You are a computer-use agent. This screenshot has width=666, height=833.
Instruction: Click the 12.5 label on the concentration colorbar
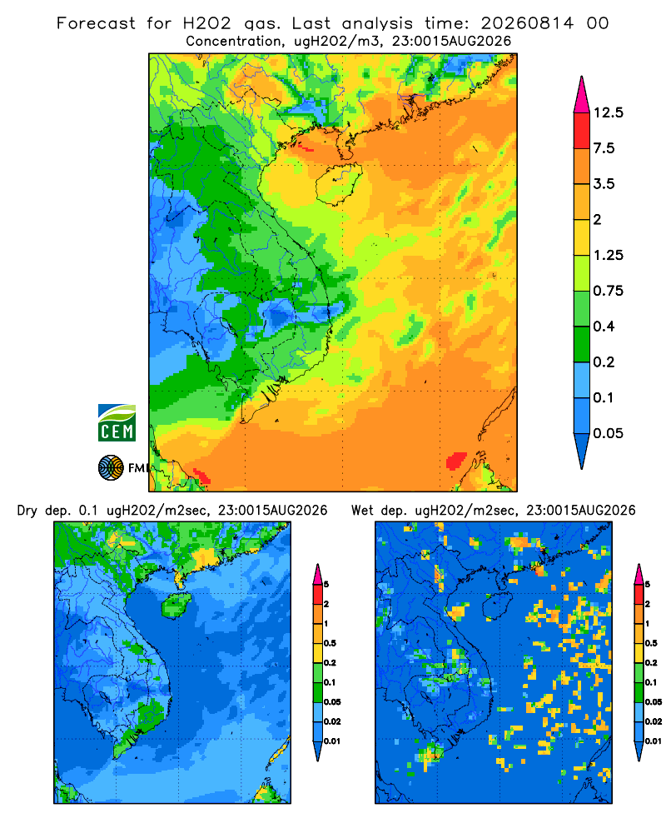pos(608,112)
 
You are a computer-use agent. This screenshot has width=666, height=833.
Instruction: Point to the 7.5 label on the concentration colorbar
pos(604,148)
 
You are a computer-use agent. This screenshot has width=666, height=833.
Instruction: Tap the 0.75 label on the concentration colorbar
pos(608,291)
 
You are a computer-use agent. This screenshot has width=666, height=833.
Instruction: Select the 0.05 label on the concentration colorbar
pos(608,433)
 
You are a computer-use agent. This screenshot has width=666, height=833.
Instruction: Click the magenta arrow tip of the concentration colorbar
pos(582,93)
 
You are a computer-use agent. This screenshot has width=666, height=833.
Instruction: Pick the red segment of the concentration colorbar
pos(582,131)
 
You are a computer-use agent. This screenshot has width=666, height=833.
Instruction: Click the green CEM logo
pos(117,423)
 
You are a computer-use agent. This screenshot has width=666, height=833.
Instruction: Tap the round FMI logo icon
pos(111,468)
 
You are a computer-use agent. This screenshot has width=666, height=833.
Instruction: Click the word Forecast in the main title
pos(96,23)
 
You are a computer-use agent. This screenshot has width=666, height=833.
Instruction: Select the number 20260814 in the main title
pos(527,23)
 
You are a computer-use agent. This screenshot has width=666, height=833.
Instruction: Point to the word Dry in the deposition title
pos(27,511)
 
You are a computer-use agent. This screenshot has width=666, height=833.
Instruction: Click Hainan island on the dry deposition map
pos(176,605)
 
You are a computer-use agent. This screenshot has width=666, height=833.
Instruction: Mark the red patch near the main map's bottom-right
pos(455,461)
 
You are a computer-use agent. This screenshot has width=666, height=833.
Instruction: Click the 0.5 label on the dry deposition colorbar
pos(330,643)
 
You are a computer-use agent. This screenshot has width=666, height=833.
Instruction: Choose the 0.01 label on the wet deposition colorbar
pos(654,741)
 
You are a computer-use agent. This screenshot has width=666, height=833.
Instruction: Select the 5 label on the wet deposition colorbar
pos(647,585)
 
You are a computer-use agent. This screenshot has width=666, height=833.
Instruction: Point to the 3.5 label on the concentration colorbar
pos(604,184)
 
